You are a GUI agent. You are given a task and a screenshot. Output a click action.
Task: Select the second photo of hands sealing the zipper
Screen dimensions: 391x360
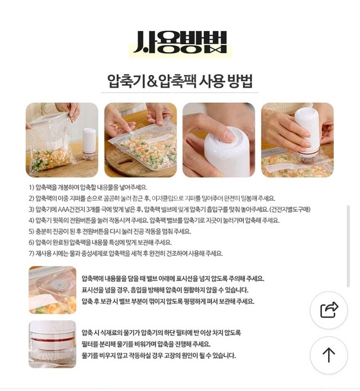point(140,139)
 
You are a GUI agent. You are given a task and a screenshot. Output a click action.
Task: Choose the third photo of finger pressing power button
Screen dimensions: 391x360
point(218,139)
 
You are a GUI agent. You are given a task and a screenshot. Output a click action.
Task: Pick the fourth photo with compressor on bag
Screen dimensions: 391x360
point(297,139)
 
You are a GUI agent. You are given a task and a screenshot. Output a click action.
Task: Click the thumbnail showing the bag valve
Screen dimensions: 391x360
point(52,290)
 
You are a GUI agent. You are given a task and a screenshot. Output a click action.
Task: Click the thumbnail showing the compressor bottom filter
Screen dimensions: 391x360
point(52,344)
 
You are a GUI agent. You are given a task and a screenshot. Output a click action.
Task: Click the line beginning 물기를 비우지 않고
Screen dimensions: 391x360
point(158,355)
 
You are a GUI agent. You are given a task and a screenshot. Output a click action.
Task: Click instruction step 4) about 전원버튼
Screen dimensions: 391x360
point(154,220)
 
